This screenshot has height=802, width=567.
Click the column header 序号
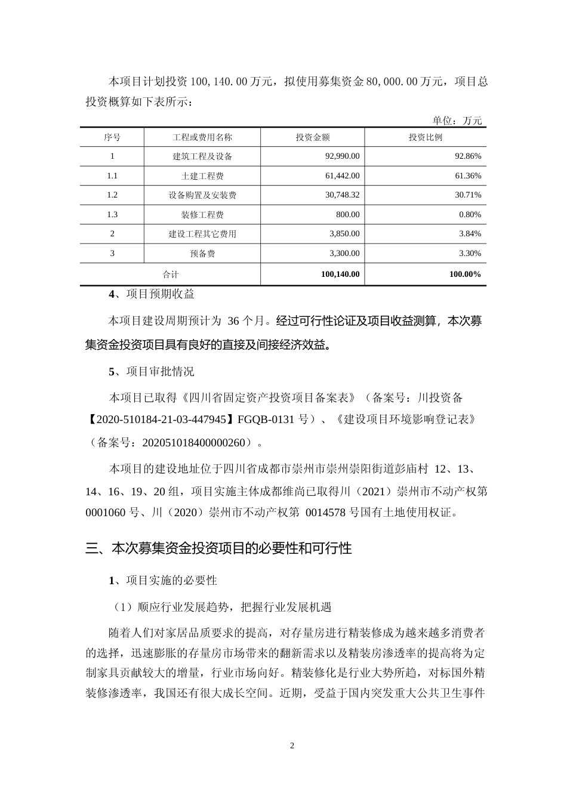coord(112,137)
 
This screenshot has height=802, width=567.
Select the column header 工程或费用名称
coord(202,137)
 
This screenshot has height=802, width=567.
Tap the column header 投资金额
coord(313,137)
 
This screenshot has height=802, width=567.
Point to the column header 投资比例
coord(426,137)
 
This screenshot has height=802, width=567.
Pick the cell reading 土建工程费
coord(202,176)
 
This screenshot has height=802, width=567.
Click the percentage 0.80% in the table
coord(470,215)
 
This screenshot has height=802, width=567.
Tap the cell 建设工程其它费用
coord(202,234)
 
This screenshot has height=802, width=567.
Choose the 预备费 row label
coord(202,254)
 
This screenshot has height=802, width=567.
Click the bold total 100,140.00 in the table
coord(340,274)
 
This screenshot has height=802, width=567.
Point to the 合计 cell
coord(171,274)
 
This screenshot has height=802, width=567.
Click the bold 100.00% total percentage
coord(465,274)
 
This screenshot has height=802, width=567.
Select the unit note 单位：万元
coord(457,121)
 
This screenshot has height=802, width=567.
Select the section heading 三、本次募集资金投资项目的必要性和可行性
coord(218,548)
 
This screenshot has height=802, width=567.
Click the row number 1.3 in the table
coord(112,215)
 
